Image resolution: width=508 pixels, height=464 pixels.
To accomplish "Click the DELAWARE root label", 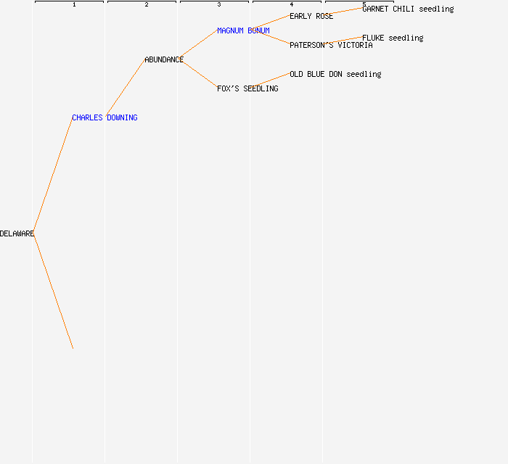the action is point(17,233).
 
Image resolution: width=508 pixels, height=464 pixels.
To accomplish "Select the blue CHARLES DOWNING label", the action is point(105,117).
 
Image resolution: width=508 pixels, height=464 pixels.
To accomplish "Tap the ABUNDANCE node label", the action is point(164,59).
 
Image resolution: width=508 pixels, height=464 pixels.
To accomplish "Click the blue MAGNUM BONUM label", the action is point(243,30).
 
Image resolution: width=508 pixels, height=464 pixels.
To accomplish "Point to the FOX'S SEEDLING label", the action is point(247,88).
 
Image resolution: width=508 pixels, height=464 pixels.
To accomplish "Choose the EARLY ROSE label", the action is point(311,16).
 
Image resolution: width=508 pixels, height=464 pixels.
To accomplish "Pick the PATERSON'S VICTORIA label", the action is point(331,45).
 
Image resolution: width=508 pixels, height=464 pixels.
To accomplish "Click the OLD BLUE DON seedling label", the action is point(335,74).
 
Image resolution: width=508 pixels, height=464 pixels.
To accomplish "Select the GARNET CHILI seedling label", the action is point(408,9).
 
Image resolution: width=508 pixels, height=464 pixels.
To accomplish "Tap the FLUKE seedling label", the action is point(393,38).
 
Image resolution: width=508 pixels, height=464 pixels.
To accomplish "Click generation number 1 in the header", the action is point(74,4).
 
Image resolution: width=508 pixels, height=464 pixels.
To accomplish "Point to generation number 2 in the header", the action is point(147,4).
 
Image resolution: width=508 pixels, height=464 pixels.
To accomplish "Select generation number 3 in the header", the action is point(219,4).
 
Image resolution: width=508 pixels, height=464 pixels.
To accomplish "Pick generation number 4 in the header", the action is point(292,4).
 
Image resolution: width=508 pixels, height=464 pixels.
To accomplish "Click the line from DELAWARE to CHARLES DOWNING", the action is point(53,175).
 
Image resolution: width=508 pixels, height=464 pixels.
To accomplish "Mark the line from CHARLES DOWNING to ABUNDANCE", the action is point(126,88).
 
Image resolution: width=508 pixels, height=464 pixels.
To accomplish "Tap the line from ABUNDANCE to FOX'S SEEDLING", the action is point(198,73).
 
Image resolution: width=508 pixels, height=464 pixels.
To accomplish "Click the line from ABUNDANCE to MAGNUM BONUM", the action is point(198,43).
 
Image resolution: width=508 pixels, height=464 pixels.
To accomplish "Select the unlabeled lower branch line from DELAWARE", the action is point(53,291).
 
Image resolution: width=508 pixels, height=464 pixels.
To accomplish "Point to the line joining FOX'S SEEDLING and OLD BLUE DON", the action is point(271,80).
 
